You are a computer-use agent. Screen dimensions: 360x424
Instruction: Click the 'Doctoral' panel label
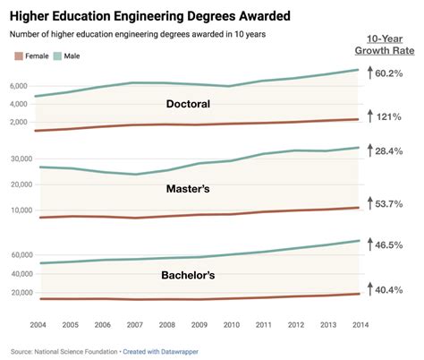click(x=188, y=104)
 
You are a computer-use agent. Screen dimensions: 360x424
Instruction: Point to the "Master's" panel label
click(x=188, y=189)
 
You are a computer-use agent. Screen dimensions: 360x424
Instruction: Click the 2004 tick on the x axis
click(x=38, y=323)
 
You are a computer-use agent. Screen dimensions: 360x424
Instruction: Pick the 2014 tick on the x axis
click(x=360, y=323)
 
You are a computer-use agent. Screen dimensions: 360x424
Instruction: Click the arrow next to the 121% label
click(x=369, y=117)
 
